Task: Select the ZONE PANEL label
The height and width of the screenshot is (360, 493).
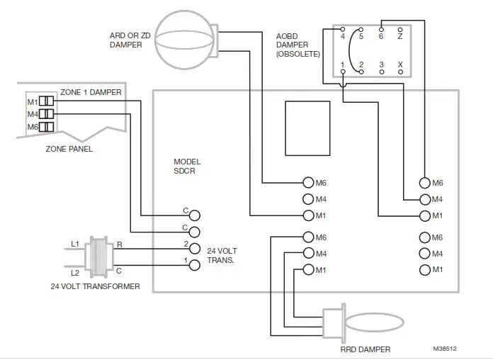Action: pyautogui.click(x=69, y=149)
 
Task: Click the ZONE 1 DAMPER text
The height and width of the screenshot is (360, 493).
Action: pyautogui.click(x=90, y=92)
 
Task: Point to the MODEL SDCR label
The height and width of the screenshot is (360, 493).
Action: pyautogui.click(x=187, y=167)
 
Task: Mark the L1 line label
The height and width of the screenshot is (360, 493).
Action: pyautogui.click(x=74, y=244)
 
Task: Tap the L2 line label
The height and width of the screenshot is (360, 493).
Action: pyautogui.click(x=74, y=272)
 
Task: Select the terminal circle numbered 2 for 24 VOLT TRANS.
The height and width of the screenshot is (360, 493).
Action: pyautogui.click(x=193, y=247)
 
